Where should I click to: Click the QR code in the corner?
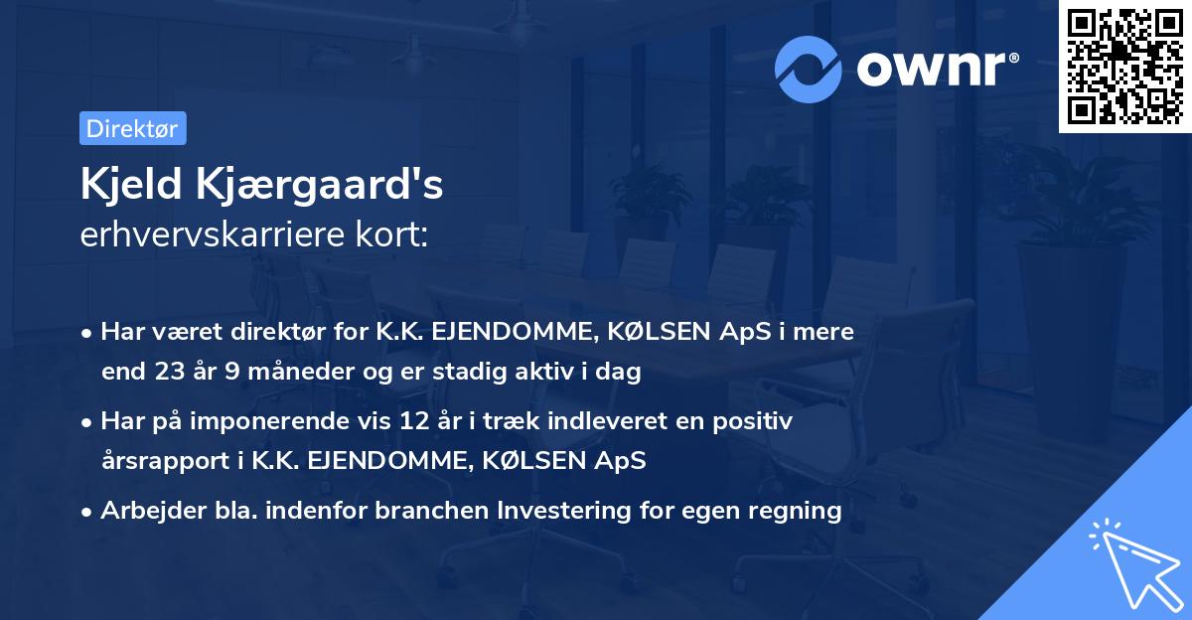tap(1124, 67)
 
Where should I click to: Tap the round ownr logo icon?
tap(810, 69)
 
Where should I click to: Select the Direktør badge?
tap(132, 128)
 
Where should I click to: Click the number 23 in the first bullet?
tap(163, 373)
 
